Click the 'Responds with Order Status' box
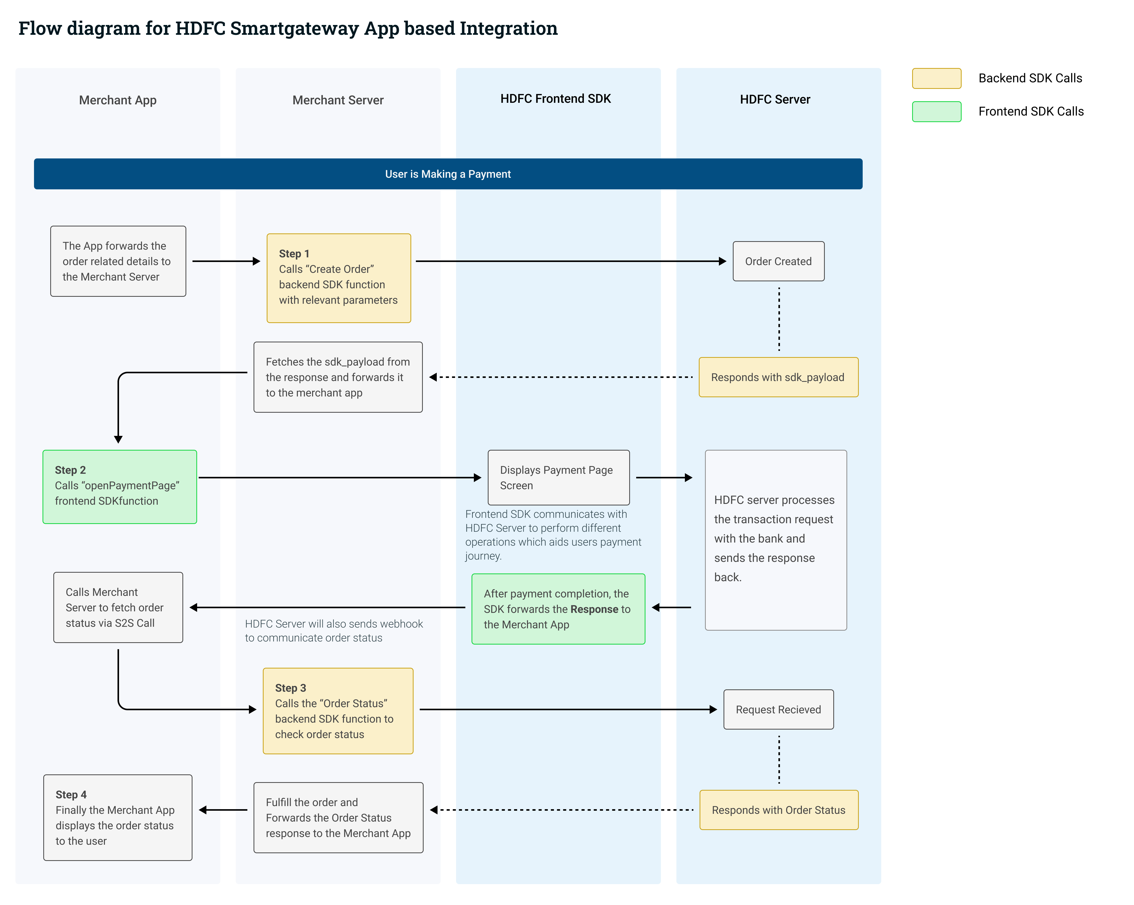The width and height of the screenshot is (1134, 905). (778, 810)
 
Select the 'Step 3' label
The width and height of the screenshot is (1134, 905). (290, 688)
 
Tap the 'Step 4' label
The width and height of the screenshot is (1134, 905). (71, 794)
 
